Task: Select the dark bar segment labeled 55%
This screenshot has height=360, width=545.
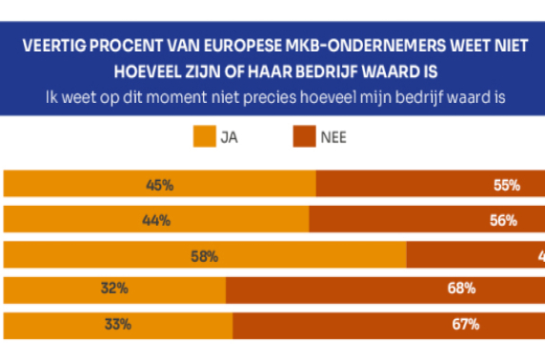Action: coord(430,185)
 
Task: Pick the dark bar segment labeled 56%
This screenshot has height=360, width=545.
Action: coord(427,220)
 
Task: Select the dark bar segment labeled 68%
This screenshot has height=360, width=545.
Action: coord(385,290)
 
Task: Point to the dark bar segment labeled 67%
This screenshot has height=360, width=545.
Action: coord(389,325)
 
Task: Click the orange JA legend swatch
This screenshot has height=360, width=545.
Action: coord(205,136)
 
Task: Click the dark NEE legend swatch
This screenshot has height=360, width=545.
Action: coord(303,136)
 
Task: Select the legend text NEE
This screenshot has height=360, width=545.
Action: coord(333,137)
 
